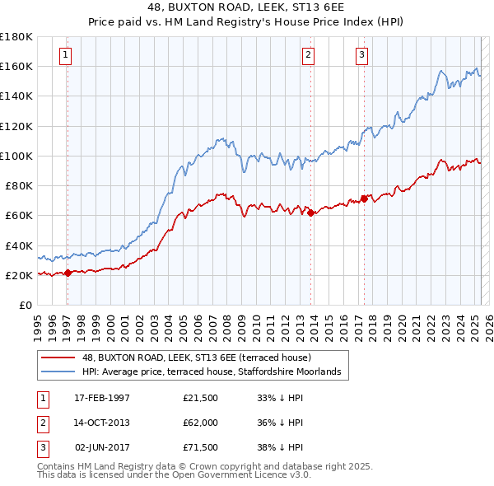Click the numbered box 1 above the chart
65,56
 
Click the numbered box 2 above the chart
308,56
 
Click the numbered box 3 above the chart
361,56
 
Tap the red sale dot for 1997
68,273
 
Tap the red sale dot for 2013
311,213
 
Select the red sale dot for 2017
364,199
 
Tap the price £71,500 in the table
200,449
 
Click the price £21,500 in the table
200,398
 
